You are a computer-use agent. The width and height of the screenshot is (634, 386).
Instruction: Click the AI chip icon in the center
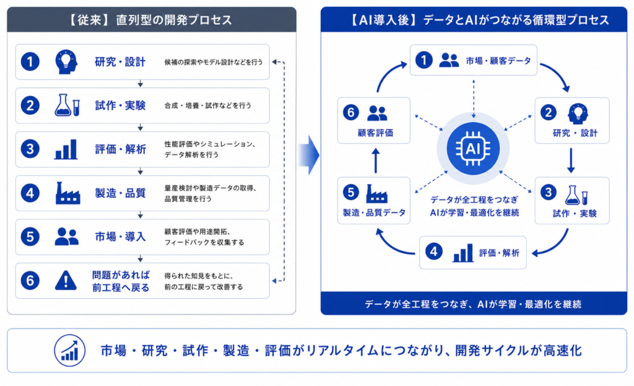point(472,149)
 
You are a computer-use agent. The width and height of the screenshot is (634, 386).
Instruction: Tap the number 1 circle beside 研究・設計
point(30,62)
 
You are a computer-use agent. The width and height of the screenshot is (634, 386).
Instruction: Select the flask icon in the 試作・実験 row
point(67,105)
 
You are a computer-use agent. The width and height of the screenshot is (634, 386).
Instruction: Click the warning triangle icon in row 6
point(66,281)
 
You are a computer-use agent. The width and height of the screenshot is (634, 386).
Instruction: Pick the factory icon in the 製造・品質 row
point(67,193)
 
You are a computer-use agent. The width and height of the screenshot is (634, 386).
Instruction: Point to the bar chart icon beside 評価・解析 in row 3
point(66,149)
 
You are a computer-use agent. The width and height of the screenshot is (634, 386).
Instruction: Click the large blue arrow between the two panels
point(310,156)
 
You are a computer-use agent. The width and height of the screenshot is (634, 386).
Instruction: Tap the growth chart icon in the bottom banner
point(69,351)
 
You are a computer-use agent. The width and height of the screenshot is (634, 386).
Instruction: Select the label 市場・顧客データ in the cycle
point(498,61)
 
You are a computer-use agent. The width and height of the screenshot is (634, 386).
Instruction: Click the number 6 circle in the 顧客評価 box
point(350,112)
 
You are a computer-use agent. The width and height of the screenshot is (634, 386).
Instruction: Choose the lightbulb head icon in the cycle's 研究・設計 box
point(578,113)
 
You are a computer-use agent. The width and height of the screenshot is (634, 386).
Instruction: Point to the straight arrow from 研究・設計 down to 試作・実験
point(571,160)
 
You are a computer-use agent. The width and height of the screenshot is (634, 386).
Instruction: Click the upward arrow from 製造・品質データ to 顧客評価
point(376,160)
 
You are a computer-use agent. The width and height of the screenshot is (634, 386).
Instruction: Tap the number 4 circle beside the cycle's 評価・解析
point(434,252)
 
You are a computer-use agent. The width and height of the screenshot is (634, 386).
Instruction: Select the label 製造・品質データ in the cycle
point(374,213)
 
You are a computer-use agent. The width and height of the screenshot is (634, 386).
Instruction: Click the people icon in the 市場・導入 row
point(67,237)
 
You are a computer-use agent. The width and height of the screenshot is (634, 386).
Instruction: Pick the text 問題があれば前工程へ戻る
point(121,281)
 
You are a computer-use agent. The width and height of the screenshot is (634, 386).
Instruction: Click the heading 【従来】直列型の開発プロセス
point(152,20)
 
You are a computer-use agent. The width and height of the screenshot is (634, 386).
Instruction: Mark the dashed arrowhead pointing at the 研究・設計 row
point(274,62)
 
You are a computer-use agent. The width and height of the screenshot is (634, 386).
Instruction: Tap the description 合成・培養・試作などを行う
point(208,105)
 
